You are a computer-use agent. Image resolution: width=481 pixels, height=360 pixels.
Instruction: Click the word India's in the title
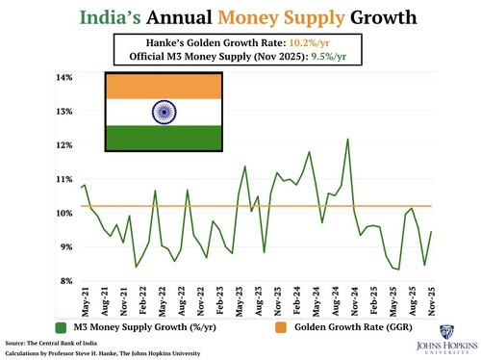(110, 17)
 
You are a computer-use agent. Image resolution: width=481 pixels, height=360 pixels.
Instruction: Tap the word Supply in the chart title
(315, 18)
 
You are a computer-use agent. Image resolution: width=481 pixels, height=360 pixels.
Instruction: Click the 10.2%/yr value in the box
(310, 43)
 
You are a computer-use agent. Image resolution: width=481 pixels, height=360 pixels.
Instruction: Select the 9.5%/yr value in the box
(329, 57)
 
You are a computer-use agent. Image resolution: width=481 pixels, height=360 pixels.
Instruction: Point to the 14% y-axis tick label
(64, 77)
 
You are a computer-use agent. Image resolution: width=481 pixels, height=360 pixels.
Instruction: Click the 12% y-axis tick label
(64, 145)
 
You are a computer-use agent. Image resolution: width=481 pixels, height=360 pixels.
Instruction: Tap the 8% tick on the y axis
(66, 281)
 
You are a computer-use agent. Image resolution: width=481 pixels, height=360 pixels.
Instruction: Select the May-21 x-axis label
(86, 301)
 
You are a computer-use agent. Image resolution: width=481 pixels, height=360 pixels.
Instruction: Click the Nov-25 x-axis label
(432, 301)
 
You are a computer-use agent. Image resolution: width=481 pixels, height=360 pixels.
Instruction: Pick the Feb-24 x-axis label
(297, 301)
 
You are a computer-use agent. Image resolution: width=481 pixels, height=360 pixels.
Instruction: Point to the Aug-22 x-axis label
(182, 301)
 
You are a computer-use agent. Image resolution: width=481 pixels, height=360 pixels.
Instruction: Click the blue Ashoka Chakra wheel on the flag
(164, 112)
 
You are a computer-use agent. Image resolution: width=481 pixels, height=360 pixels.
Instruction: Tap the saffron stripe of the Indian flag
(164, 87)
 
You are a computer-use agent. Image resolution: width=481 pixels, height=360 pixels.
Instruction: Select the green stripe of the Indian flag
(164, 138)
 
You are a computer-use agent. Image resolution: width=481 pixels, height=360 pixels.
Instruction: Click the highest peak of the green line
(347, 139)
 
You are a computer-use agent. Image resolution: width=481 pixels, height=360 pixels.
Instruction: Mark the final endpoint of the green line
(431, 231)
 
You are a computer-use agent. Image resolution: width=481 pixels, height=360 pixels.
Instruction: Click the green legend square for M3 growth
(61, 327)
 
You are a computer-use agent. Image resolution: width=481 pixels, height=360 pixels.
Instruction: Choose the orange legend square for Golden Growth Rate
(281, 327)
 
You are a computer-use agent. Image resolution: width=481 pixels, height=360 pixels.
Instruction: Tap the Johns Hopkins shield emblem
(446, 332)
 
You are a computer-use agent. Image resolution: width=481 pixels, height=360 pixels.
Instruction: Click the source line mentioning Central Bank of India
(51, 344)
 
